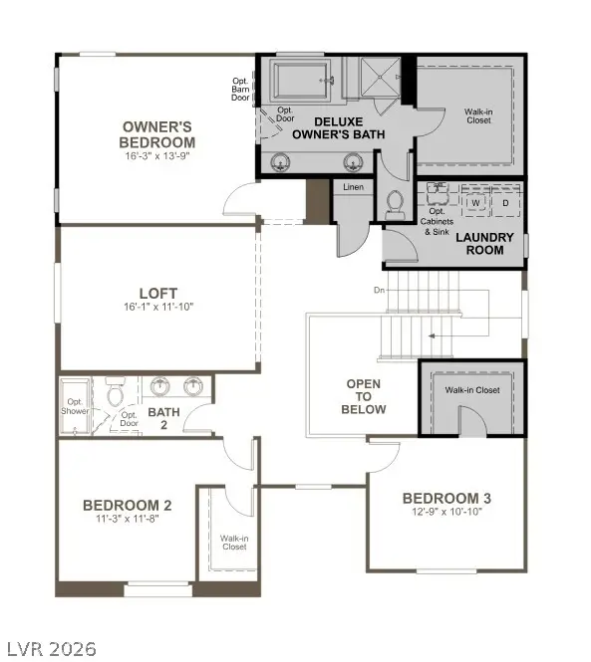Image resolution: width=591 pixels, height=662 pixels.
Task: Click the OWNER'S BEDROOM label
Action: point(157,134)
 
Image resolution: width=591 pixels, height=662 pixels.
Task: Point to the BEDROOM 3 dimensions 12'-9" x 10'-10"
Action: point(445,512)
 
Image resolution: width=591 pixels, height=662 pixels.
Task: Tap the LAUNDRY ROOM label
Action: point(484,243)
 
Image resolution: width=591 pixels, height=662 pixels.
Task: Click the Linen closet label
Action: point(353,187)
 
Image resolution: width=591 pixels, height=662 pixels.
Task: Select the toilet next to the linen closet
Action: point(393,203)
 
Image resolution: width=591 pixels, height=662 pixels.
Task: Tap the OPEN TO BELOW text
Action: point(365,396)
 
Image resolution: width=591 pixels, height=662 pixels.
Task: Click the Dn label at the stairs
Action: point(379,291)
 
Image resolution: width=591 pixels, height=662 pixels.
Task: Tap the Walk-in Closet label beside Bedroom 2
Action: point(233,542)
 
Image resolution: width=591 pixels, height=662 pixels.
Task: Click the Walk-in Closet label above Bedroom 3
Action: point(472,390)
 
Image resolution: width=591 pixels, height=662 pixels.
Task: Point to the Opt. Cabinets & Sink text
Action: point(438,222)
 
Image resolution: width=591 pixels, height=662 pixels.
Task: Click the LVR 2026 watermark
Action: point(50,649)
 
